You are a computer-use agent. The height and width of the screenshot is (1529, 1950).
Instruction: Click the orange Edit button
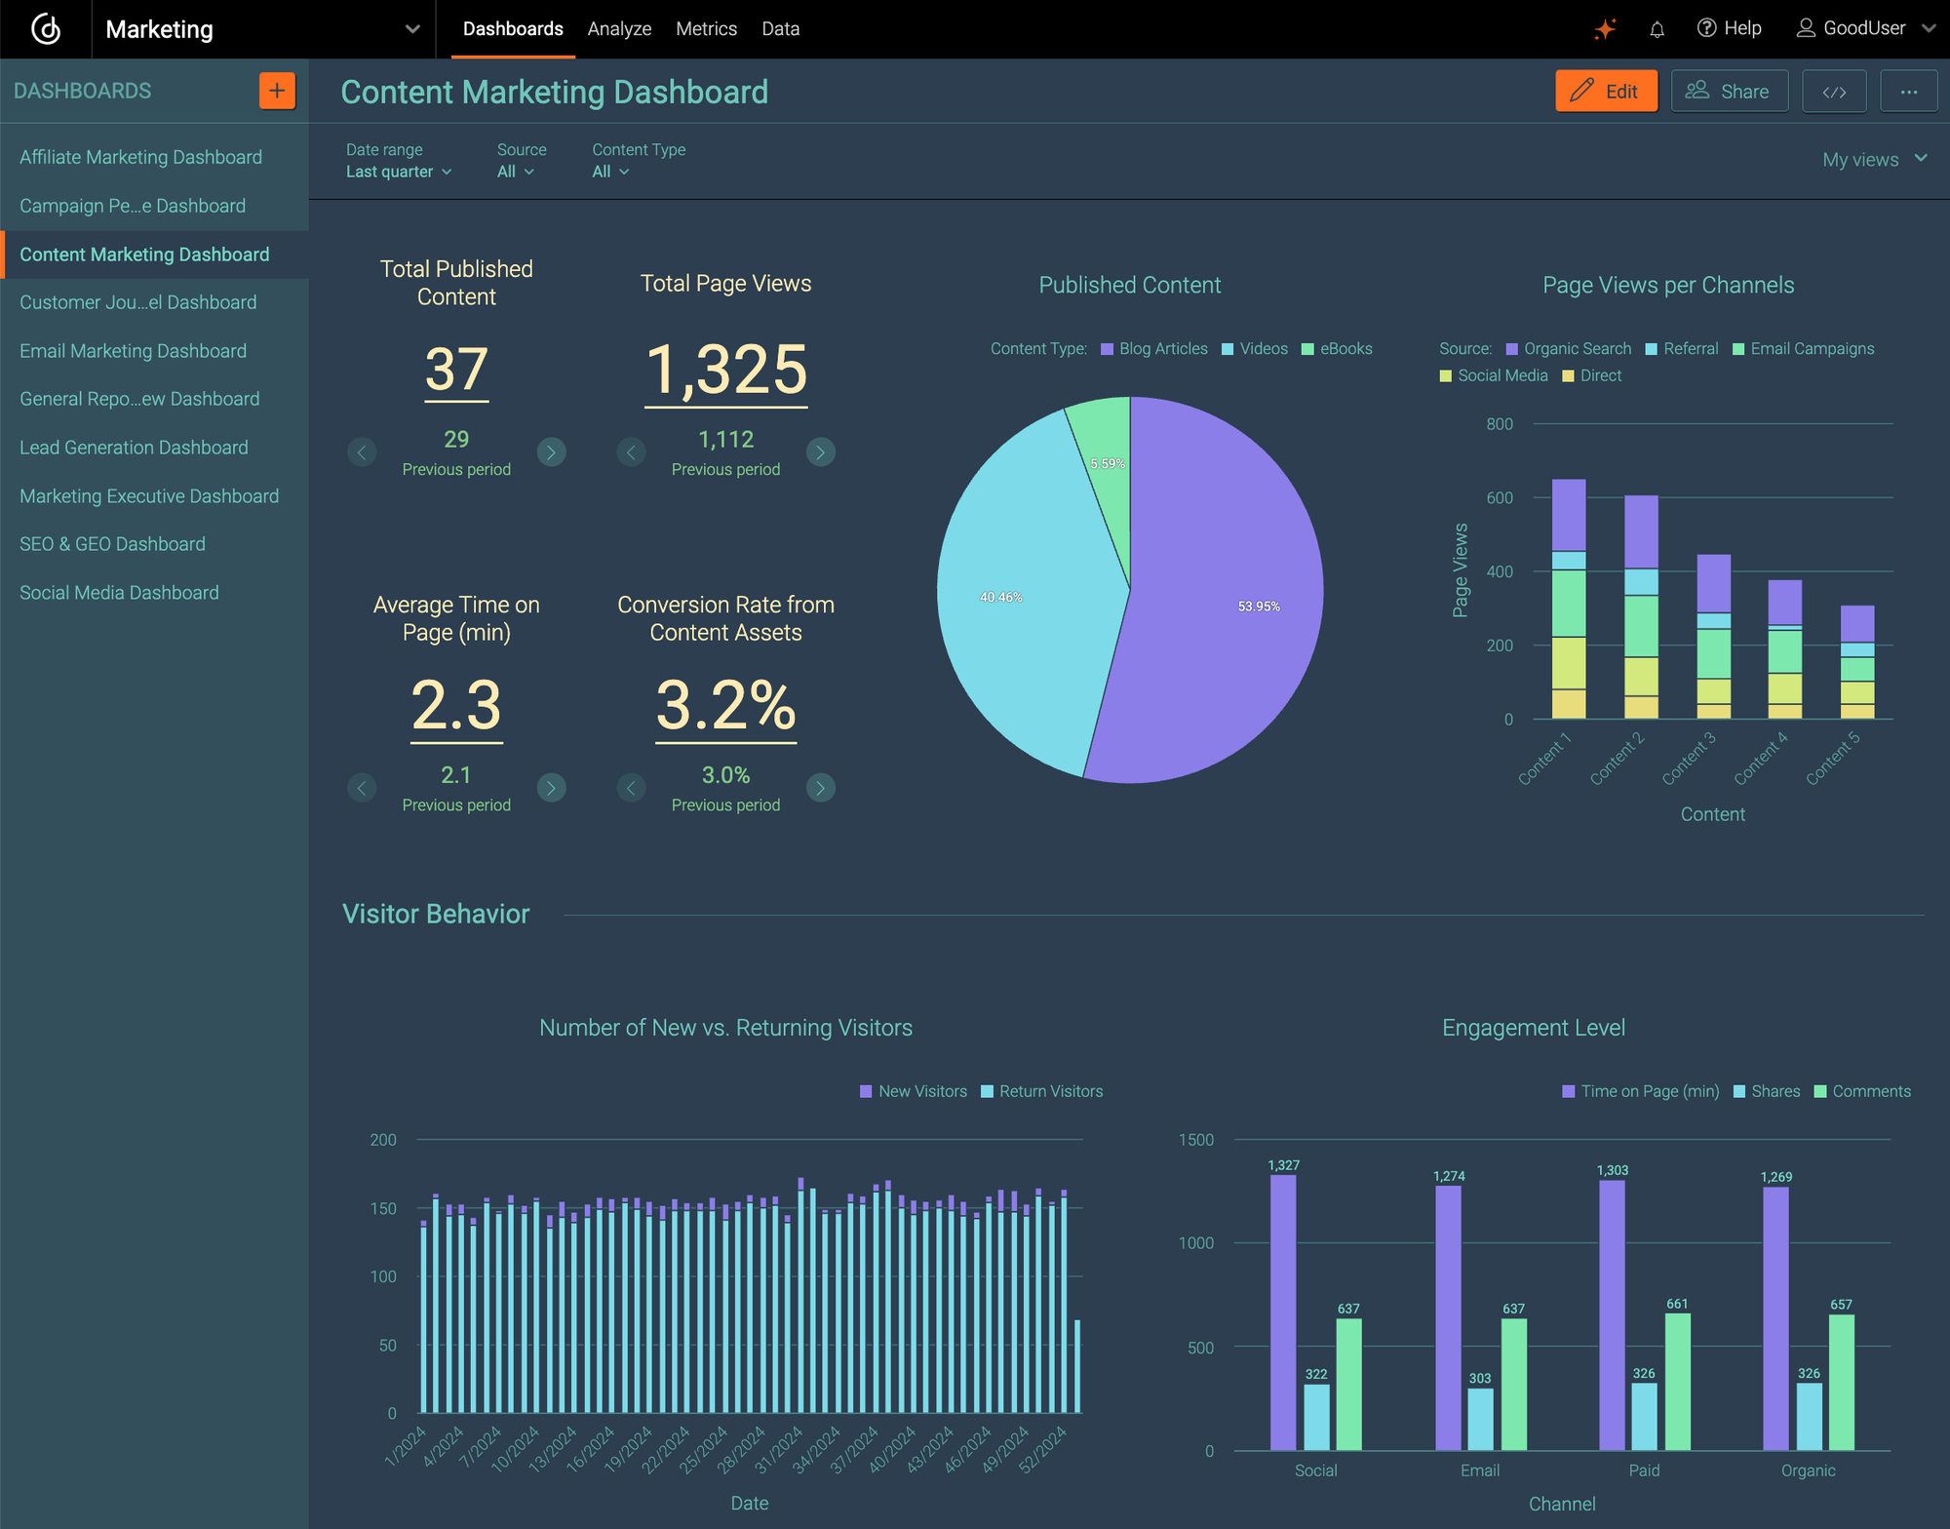(1605, 92)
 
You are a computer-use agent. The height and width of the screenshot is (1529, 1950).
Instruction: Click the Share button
(1729, 92)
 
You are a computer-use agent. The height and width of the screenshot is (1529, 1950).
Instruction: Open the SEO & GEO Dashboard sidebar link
(112, 544)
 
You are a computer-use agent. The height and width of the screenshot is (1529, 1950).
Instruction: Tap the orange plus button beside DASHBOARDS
(277, 91)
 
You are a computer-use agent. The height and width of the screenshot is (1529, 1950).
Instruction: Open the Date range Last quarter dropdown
(399, 172)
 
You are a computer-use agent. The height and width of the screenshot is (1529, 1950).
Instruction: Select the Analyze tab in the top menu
(619, 29)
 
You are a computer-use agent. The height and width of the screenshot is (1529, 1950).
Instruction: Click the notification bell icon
(1657, 29)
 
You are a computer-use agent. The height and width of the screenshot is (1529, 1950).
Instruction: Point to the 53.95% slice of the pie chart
(1228, 605)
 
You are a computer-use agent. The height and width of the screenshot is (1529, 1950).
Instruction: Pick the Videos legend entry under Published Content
(1255, 349)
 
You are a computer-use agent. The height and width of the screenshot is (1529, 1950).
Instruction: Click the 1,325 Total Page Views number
(725, 371)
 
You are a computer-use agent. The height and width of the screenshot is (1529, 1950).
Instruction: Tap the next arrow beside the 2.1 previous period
(551, 788)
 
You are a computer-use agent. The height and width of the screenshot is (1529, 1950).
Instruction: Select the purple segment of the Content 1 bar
(1568, 515)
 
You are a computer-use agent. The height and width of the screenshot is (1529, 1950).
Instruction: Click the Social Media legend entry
(1494, 376)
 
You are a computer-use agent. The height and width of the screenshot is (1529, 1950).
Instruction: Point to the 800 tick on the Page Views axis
(1500, 424)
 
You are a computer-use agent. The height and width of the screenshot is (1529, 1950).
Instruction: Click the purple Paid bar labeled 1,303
(1612, 1316)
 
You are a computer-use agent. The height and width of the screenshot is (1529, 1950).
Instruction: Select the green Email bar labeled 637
(1513, 1385)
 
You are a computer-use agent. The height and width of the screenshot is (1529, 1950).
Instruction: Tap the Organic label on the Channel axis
(1808, 1470)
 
